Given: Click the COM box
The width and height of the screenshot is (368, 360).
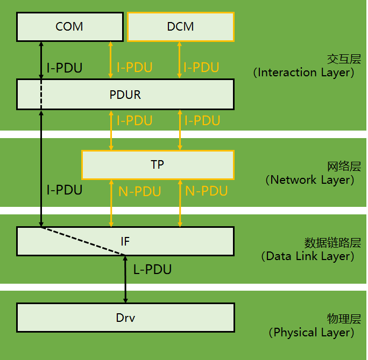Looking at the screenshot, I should pyautogui.click(x=69, y=27).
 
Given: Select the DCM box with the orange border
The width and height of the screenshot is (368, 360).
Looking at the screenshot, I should pyautogui.click(x=181, y=27).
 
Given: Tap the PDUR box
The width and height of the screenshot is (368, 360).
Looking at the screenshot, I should pyautogui.click(x=125, y=95).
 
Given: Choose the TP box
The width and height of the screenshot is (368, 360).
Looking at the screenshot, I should pyautogui.click(x=157, y=164).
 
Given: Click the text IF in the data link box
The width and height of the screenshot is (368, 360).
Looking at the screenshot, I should pyautogui.click(x=125, y=242).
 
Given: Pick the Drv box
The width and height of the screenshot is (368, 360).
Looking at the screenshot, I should pyautogui.click(x=125, y=318).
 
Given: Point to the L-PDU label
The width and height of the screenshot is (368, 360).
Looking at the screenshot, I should pyautogui.click(x=152, y=270).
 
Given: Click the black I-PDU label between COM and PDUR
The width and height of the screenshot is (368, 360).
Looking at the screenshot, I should pyautogui.click(x=65, y=68).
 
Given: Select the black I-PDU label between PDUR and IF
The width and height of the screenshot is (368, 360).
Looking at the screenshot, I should pyautogui.click(x=65, y=190).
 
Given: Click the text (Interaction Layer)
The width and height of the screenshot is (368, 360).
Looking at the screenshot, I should pyautogui.click(x=304, y=73).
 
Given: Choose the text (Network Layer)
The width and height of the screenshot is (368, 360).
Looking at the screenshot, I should pyautogui.click(x=310, y=180).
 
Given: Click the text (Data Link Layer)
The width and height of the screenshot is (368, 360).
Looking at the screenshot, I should pyautogui.click(x=307, y=256).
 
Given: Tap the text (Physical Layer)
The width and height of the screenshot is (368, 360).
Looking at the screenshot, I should pyautogui.click(x=311, y=333).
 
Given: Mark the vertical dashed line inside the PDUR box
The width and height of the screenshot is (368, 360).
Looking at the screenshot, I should pyautogui.click(x=41, y=95).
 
